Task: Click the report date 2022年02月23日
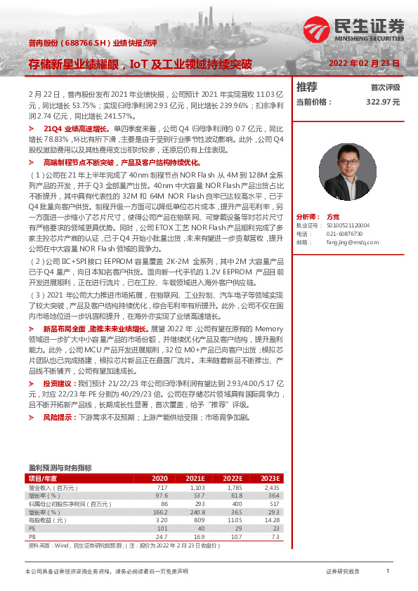[365, 63]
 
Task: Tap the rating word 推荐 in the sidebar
[306, 87]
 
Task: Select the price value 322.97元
[383, 102]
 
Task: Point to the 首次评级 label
[385, 88]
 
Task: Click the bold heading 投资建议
[60, 384]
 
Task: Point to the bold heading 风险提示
[60, 417]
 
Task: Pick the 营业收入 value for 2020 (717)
[162, 487]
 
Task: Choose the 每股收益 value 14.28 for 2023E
[271, 519]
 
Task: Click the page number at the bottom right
[387, 571]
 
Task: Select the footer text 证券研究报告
[343, 571]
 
